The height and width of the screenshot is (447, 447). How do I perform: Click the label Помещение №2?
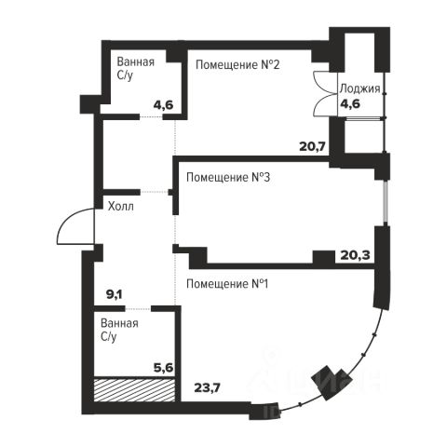(x=237, y=65)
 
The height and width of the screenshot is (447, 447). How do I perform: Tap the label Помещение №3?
(x=228, y=178)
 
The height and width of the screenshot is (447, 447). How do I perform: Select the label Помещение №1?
(x=227, y=284)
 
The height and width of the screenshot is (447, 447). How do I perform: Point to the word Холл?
(x=121, y=206)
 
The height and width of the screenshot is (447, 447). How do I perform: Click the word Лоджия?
(x=360, y=88)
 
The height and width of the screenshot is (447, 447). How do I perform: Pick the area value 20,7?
(x=312, y=146)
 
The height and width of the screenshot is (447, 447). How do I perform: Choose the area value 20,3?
(x=355, y=255)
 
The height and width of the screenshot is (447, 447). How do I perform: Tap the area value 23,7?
(x=208, y=387)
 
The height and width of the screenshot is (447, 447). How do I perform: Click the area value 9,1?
(x=115, y=294)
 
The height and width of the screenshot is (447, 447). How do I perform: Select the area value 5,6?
(x=163, y=368)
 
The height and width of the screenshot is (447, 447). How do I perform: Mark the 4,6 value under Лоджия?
(x=350, y=103)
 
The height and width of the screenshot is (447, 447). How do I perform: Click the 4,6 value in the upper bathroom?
(x=163, y=105)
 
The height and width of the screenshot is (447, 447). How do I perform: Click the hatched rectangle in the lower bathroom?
(x=135, y=389)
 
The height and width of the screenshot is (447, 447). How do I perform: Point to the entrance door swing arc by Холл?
(x=66, y=220)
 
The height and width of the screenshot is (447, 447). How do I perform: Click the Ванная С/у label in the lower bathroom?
(x=119, y=330)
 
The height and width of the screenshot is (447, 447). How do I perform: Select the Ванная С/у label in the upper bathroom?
(x=136, y=68)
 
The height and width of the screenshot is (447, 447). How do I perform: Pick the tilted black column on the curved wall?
(x=331, y=383)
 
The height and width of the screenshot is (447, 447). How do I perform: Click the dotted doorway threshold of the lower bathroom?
(x=138, y=308)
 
